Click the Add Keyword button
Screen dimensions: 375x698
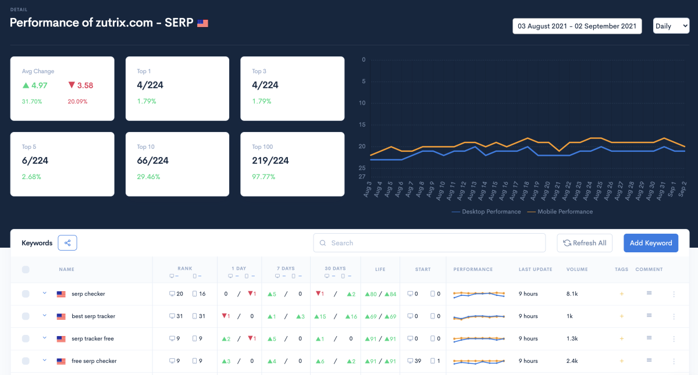click(x=651, y=243)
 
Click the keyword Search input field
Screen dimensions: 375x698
click(x=429, y=243)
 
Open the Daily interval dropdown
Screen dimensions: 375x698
click(x=671, y=26)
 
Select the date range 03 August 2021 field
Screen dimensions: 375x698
click(x=576, y=26)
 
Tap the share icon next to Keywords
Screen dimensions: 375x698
click(x=67, y=243)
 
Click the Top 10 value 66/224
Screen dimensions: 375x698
click(x=152, y=160)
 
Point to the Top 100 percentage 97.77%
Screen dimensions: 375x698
click(x=263, y=177)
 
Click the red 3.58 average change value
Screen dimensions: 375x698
click(x=81, y=85)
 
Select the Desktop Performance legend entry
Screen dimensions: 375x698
click(x=486, y=212)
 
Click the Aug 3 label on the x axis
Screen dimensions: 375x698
click(x=368, y=190)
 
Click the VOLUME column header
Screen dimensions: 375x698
click(x=577, y=269)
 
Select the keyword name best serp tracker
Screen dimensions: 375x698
click(x=93, y=316)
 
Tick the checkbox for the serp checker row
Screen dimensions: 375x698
click(x=26, y=294)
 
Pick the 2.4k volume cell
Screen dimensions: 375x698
click(x=572, y=361)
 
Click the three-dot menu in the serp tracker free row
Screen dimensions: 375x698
click(x=674, y=339)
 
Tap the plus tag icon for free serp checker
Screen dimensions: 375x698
click(x=621, y=361)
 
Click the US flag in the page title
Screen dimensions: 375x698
click(x=202, y=23)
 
